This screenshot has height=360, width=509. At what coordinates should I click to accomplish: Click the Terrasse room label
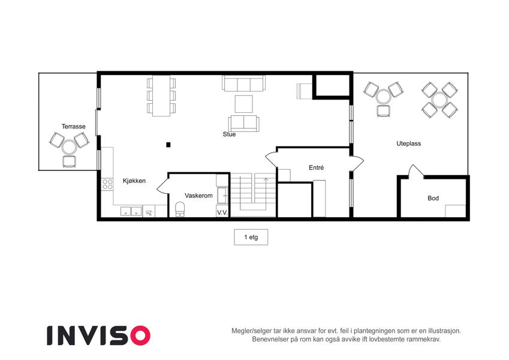74,127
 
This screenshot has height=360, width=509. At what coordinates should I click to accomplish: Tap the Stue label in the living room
229,134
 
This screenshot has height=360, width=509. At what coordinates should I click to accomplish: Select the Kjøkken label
134,181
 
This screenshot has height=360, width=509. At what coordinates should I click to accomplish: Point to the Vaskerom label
198,196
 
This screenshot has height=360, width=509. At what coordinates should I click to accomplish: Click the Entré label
316,167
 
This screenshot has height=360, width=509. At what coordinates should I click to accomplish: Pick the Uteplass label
409,143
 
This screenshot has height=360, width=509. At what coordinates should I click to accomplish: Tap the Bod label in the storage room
433,198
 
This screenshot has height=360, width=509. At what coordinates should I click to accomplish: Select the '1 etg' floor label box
251,237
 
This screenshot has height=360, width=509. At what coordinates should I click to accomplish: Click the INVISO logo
99,335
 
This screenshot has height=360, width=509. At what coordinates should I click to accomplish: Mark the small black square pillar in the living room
168,145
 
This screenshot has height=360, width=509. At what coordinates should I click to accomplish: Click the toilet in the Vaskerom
180,209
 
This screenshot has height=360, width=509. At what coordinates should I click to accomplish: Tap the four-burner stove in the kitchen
107,184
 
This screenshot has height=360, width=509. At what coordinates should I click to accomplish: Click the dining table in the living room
161,96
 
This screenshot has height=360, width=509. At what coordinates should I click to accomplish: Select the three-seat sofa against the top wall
244,83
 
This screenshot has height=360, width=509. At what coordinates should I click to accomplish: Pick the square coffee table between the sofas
244,104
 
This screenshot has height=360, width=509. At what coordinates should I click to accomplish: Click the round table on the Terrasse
69,147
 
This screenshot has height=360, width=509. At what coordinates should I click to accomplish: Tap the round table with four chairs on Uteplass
440,100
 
